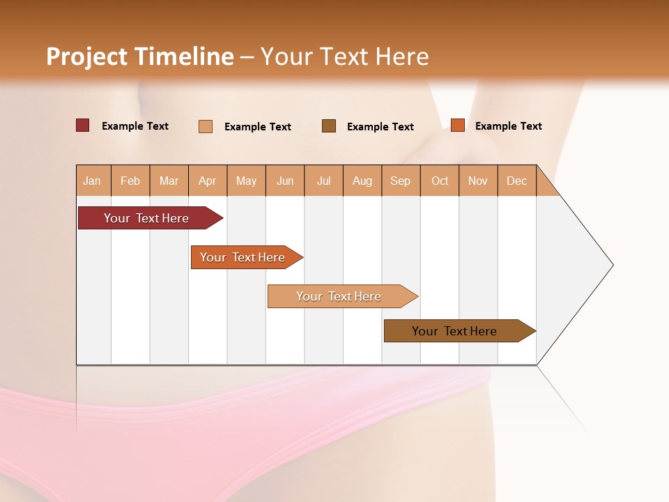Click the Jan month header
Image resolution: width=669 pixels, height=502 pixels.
(93, 181)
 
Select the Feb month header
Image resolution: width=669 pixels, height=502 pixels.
(130, 181)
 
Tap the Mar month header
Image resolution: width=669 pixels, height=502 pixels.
(169, 181)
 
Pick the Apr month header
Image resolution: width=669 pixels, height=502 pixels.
(208, 181)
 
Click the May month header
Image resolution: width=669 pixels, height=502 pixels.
(246, 181)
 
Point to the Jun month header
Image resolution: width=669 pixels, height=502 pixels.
(285, 181)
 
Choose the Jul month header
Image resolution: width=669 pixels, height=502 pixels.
(323, 181)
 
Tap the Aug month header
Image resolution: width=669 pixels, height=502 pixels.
(362, 181)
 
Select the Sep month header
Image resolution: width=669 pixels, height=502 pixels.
(401, 181)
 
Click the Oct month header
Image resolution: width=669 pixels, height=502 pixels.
(440, 181)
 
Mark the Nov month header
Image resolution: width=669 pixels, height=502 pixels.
(478, 181)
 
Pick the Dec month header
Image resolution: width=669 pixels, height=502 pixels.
(516, 181)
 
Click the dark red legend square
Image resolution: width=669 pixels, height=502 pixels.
(83, 125)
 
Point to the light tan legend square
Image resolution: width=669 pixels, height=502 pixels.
(206, 126)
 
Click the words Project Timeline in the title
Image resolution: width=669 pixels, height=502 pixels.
(140, 56)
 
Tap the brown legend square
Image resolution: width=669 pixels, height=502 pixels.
(329, 125)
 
